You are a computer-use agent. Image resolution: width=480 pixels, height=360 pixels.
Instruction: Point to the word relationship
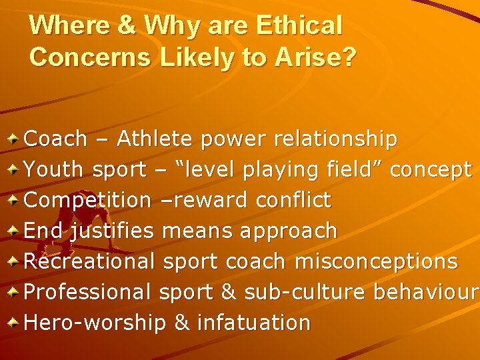click(x=334, y=139)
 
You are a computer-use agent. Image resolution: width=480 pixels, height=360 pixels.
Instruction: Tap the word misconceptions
click(x=376, y=261)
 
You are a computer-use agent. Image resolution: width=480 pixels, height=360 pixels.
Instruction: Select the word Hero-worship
click(x=95, y=323)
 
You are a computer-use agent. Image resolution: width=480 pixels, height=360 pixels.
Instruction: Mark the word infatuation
click(x=253, y=323)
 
